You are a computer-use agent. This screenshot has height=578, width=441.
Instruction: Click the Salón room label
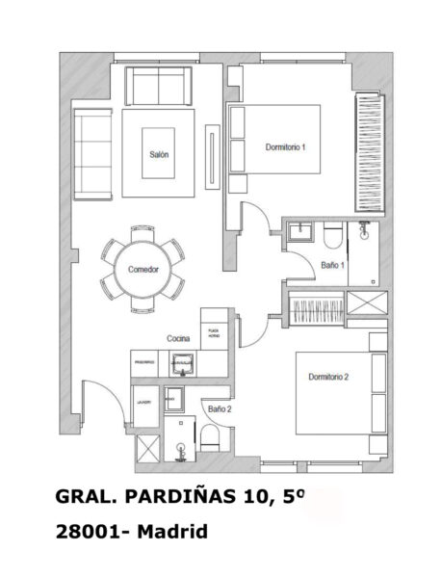(x=160, y=154)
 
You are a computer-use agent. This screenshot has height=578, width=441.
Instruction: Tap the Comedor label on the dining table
(x=143, y=271)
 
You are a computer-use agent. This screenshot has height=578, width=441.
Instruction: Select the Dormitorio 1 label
(x=285, y=147)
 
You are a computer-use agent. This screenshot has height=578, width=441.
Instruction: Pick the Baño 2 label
(x=219, y=408)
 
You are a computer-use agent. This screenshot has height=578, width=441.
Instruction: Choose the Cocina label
(x=178, y=338)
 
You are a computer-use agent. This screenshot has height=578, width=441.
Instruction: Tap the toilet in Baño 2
(x=212, y=440)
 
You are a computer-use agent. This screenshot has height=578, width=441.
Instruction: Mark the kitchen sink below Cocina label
(x=182, y=363)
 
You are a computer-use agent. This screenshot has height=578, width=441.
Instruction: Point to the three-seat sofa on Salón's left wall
(x=93, y=154)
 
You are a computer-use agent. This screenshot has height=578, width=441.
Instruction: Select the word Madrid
(x=175, y=531)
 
